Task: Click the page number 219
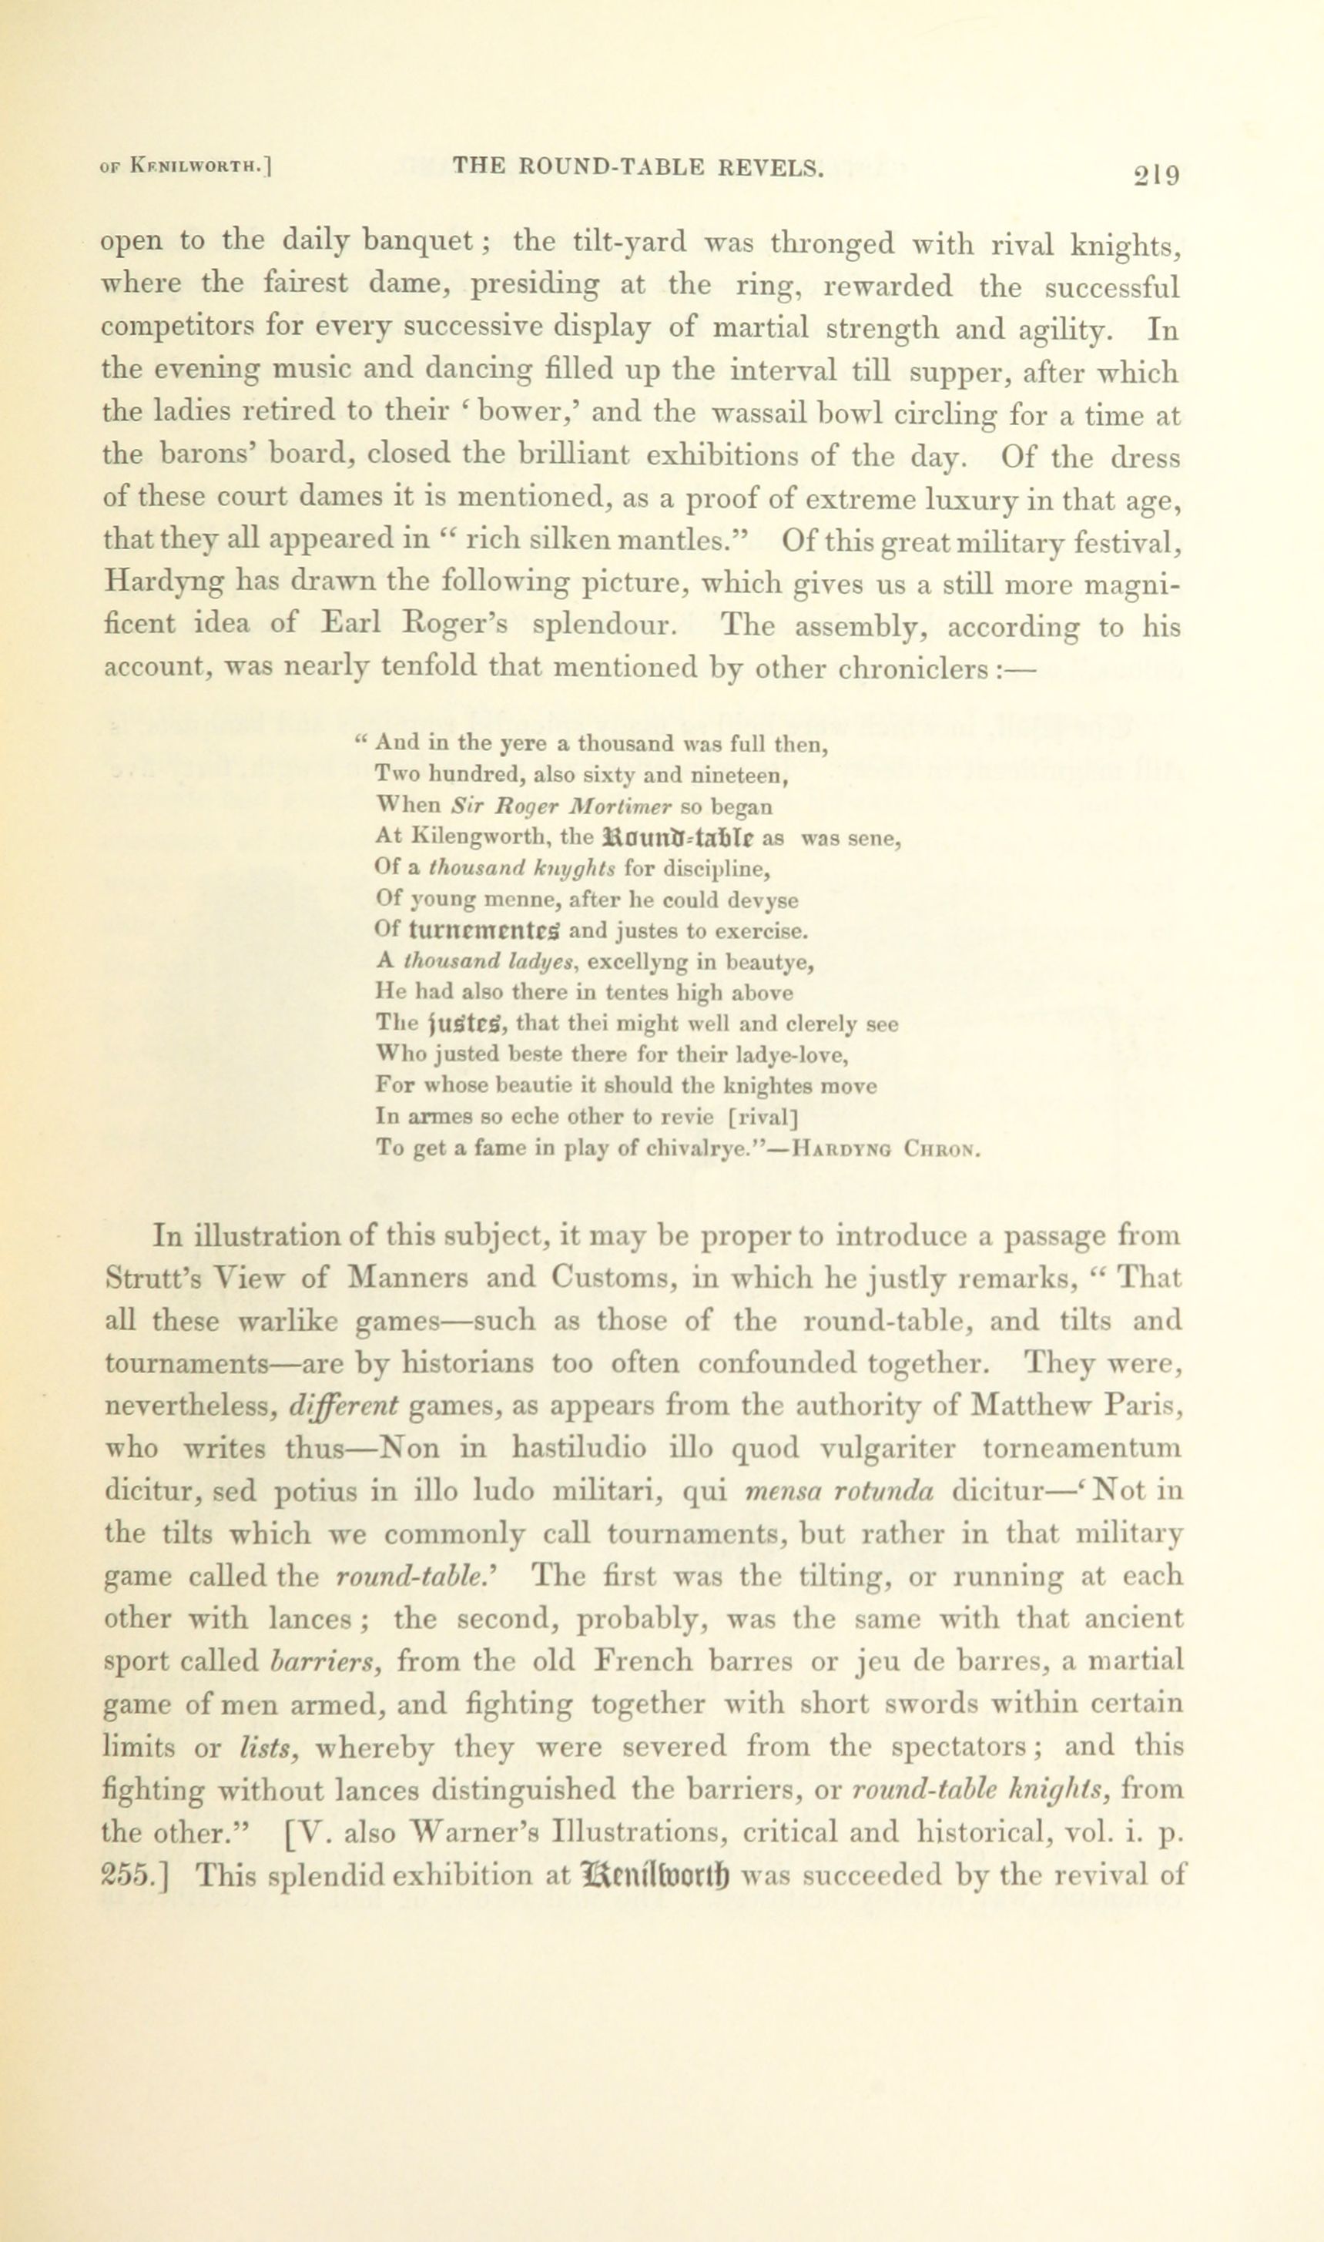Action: point(1156,173)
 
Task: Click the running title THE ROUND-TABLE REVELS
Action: point(638,166)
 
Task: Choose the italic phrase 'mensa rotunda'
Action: point(839,1491)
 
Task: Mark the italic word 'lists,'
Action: point(268,1747)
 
